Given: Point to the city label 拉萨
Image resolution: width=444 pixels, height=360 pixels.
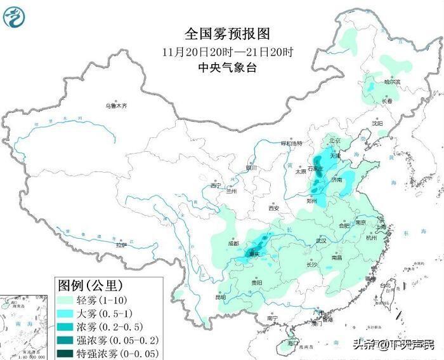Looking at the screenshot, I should pyautogui.click(x=121, y=244).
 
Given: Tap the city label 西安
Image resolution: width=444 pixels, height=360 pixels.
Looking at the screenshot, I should pyautogui.click(x=273, y=208).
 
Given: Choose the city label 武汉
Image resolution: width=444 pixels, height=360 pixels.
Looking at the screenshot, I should pyautogui.click(x=320, y=241).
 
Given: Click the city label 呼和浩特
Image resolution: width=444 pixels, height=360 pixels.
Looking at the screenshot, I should pyautogui.click(x=293, y=143).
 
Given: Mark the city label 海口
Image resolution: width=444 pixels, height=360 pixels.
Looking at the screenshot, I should pyautogui.click(x=293, y=343).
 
